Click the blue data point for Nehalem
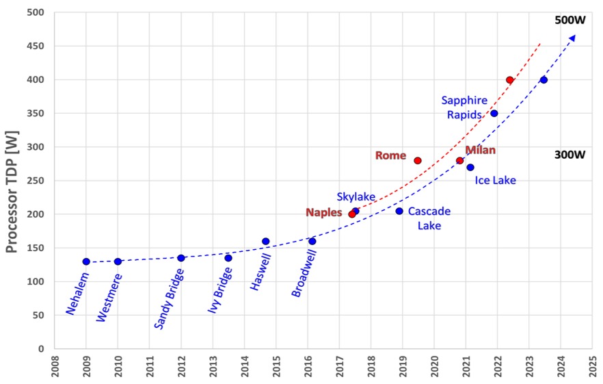86,261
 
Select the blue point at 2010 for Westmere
118,261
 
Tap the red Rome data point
418,161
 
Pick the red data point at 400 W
509,80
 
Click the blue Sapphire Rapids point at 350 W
494,114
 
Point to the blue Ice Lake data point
470,168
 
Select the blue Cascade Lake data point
399,211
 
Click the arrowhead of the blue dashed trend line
572,38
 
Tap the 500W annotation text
569,21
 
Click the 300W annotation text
569,155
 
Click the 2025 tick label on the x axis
593,366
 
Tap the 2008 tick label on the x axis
55,366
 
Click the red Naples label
323,213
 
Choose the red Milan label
480,150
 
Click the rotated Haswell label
260,272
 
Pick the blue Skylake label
356,197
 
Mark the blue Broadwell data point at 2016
312,241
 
